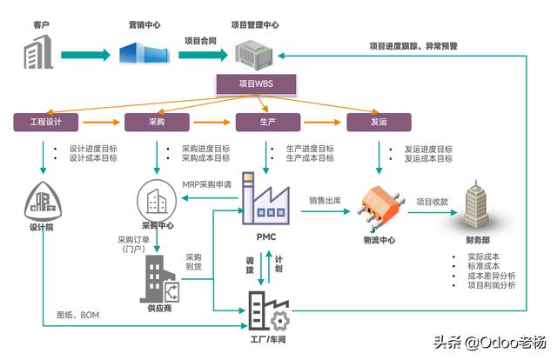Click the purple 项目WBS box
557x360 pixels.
(256, 84)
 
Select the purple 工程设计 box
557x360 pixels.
(46, 122)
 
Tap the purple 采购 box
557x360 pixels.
(157, 122)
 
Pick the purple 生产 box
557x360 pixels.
(268, 122)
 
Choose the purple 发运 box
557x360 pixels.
(379, 122)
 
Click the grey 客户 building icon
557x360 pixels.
(38, 52)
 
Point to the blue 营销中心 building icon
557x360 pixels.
(144, 52)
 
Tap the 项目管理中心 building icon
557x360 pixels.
(254, 55)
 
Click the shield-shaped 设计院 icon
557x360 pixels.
(43, 201)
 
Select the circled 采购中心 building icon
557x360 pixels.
(157, 200)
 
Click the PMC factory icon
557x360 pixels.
(265, 198)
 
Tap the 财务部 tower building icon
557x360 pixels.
(476, 204)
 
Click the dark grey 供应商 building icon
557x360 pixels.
(159, 279)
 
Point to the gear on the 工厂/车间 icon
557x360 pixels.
(280, 321)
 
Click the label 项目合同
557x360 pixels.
(200, 41)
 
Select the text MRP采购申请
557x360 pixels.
(207, 184)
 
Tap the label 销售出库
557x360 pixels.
(325, 201)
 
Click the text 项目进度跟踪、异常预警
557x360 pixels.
(413, 46)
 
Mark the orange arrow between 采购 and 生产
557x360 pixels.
(212, 122)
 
